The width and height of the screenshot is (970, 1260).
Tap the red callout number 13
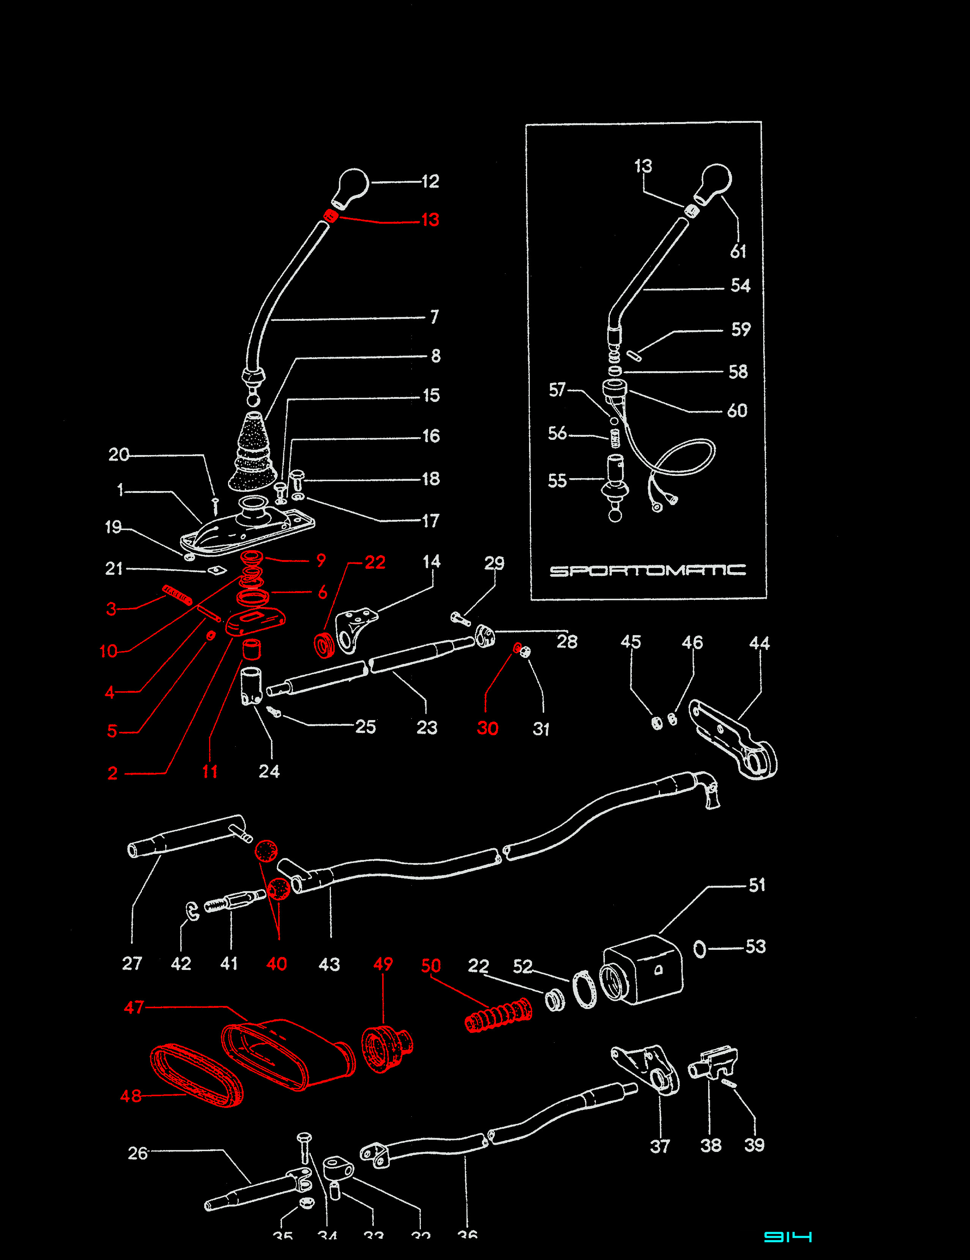(430, 220)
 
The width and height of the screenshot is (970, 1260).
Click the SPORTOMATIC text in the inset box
(647, 571)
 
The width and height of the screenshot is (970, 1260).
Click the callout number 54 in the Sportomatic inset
(740, 286)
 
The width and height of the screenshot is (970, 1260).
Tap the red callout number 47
(134, 1008)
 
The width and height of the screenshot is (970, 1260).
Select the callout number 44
(759, 643)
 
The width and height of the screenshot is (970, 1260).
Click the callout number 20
(119, 455)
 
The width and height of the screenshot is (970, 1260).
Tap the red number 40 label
(277, 963)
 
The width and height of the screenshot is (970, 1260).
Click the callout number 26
(137, 1153)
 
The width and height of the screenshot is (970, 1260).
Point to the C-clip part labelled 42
(193, 910)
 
